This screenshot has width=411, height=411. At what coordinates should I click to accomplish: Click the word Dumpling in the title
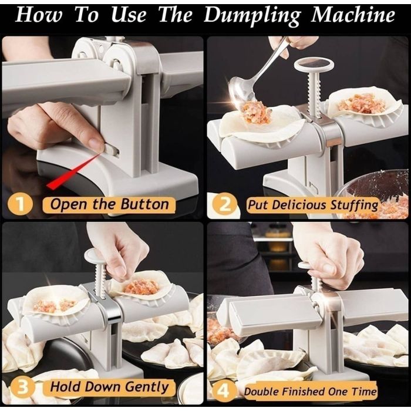[252, 15]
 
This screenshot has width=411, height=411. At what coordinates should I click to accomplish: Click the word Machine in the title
[353, 14]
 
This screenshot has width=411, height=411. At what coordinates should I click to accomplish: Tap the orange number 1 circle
[20, 205]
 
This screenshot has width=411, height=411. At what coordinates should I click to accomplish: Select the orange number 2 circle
[225, 205]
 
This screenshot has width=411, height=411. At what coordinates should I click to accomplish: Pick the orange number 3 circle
[22, 388]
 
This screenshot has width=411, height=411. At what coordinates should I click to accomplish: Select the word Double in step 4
[261, 392]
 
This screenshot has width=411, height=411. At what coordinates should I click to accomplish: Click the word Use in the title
[128, 15]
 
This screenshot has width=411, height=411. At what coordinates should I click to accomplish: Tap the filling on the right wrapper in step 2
[362, 103]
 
